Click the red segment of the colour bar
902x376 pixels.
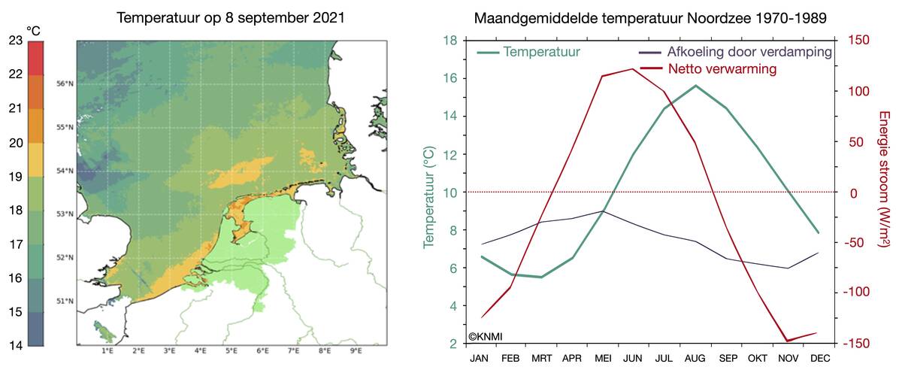tap(35, 59)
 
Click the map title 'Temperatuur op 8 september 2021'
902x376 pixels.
tap(231, 17)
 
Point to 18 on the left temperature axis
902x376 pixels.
tap(452, 41)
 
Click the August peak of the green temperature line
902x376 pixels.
tap(695, 85)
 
